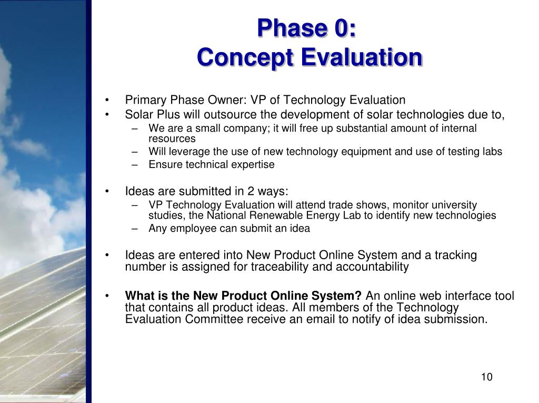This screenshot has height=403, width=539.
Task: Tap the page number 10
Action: (x=487, y=377)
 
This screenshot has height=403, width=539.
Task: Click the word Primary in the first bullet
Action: (x=146, y=100)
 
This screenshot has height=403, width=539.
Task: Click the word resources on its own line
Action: (x=172, y=139)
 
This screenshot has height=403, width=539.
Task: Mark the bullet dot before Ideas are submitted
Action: (x=107, y=191)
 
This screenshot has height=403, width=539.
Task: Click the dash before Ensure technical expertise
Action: (x=134, y=165)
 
